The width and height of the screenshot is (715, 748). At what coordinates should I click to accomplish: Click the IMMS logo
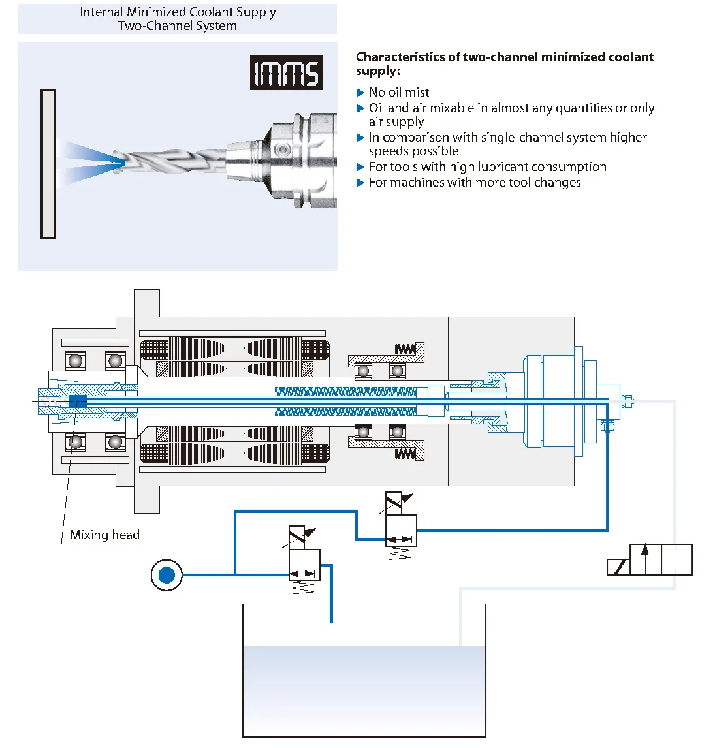click(x=286, y=72)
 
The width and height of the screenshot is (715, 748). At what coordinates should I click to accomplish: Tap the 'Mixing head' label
click(x=104, y=535)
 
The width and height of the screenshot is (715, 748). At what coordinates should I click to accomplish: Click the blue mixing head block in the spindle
click(x=77, y=401)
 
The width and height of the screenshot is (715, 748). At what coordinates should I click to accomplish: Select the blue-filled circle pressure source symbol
click(x=167, y=575)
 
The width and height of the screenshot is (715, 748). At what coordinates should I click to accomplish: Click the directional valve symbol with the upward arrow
click(x=650, y=559)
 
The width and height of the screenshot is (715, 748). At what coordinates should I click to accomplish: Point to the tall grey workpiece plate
click(x=48, y=164)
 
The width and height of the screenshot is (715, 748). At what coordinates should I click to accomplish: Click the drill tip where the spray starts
click(x=118, y=158)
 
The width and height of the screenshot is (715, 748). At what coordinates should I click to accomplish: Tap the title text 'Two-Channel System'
click(x=177, y=26)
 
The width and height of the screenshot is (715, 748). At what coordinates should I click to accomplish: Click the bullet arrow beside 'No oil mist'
click(x=360, y=93)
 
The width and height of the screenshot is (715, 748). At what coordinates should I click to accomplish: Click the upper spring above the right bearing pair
click(x=405, y=350)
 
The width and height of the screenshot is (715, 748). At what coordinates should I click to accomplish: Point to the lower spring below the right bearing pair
click(x=405, y=454)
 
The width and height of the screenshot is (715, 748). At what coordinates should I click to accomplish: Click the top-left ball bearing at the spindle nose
click(x=76, y=360)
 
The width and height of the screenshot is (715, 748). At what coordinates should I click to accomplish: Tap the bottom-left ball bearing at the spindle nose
click(x=76, y=442)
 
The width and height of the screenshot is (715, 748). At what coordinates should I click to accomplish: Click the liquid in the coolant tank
click(x=364, y=685)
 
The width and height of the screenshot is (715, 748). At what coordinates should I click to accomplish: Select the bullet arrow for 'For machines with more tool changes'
click(x=360, y=183)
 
